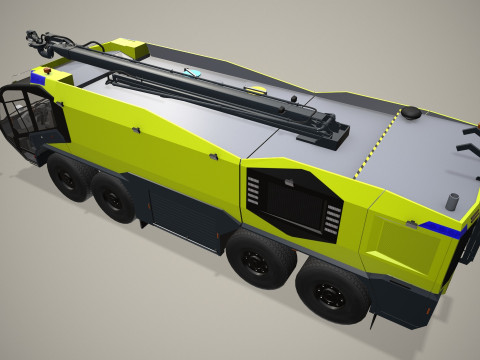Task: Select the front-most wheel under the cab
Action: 68,181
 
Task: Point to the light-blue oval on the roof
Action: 194,73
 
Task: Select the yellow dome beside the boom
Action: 262,90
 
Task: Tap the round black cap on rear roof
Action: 410,113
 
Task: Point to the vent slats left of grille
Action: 254,191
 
